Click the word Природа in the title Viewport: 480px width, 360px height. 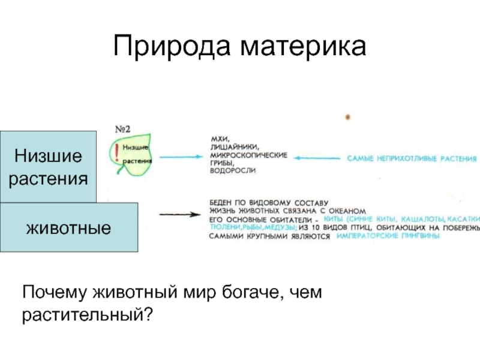tap(170, 47)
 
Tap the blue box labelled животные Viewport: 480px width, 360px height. tap(69, 227)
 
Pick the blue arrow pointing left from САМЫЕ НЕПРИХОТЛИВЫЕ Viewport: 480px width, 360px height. tap(318, 158)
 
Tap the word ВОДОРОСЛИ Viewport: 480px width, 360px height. tap(232, 171)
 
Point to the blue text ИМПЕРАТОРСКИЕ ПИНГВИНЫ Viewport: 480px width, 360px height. tap(388, 236)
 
